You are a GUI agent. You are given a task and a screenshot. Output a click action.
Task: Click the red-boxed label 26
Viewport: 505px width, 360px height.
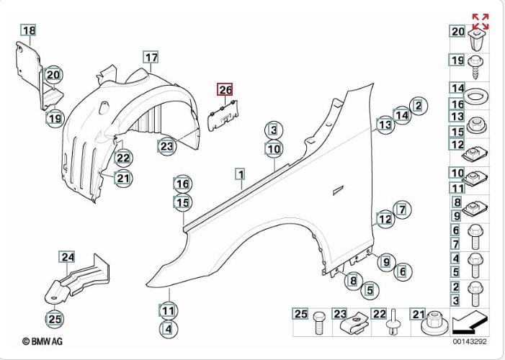(225, 89)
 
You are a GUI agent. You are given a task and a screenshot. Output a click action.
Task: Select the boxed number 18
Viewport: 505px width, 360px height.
(27, 30)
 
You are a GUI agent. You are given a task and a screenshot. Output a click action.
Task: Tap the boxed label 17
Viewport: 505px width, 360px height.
(150, 57)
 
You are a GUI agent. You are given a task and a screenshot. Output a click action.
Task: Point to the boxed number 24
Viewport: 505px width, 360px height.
(67, 257)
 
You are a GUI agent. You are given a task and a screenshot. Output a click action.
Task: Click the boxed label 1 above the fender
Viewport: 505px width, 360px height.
(239, 174)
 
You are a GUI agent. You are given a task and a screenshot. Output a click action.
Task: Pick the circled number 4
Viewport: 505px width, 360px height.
(167, 329)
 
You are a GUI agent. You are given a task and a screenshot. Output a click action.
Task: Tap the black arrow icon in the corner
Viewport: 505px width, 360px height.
(470, 321)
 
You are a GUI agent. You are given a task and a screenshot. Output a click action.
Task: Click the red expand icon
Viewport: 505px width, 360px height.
(480, 22)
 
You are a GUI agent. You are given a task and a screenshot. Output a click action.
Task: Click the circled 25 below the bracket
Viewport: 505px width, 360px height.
(55, 317)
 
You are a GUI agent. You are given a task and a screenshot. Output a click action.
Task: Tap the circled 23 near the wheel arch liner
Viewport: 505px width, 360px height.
(167, 146)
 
